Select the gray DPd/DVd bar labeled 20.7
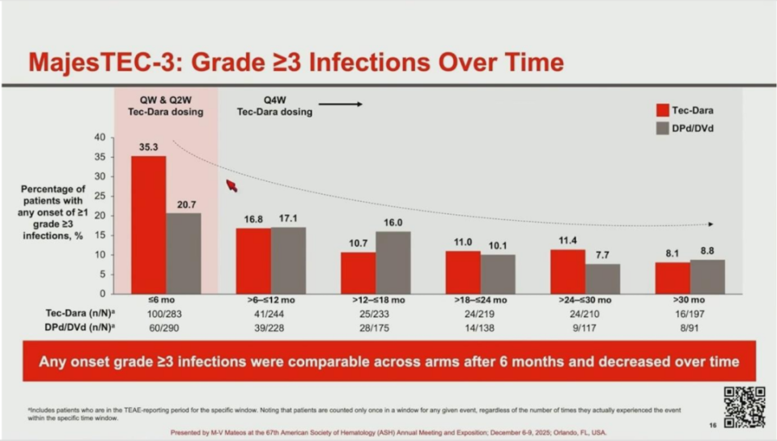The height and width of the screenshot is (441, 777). pos(183,253)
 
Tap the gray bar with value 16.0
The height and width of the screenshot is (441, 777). pos(393,262)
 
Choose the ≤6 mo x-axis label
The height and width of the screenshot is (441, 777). pos(166,299)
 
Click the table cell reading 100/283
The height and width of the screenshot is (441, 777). pos(166,312)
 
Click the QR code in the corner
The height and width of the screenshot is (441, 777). pos(744,406)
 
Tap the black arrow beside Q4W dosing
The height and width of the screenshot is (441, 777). pos(340,104)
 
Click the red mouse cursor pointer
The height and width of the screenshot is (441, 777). pos(231,186)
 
